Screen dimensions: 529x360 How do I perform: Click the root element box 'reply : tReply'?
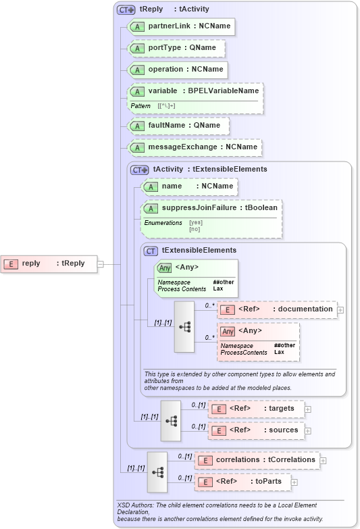coord(47,263)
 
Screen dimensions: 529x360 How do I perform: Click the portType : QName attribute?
coord(176,48)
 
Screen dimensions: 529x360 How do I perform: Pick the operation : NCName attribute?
coord(177,70)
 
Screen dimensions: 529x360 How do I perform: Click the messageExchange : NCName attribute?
coord(195,147)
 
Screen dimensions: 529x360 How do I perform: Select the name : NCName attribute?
coord(189,186)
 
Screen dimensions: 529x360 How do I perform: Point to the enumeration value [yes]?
coord(195,222)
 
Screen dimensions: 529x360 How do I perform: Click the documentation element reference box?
coord(277,309)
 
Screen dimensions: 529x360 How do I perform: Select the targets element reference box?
coord(257,409)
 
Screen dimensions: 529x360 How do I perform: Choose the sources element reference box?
coord(257,430)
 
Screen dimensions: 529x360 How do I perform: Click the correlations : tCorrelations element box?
coord(257,460)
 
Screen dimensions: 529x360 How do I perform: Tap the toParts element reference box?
coord(243,482)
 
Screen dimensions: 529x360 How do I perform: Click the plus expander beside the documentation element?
coord(340,310)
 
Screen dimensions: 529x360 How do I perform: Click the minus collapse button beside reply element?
coord(100,263)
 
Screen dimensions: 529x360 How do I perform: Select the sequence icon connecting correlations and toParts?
coord(157,472)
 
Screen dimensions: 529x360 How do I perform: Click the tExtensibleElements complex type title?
coord(199,250)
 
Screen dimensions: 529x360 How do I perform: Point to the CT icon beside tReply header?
coord(126,9)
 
